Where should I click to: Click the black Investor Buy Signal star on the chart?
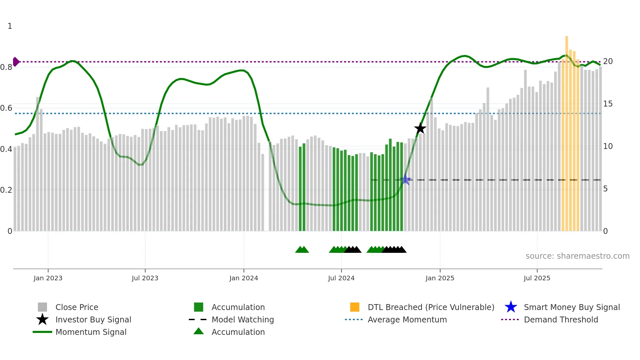pos(420,128)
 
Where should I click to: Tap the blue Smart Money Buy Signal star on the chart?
pos(405,179)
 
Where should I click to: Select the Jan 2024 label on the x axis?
pos(244,278)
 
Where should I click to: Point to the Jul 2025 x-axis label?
pos(537,278)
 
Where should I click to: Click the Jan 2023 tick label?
pos(48,278)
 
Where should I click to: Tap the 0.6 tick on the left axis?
pos(6,108)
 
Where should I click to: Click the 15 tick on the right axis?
pos(608,104)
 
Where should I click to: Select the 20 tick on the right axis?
pos(608,61)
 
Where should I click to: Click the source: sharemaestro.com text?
pos(577,256)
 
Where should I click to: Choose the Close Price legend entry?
pos(77,307)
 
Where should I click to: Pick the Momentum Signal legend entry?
pos(91,332)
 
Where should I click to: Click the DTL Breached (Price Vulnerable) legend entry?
pos(431,307)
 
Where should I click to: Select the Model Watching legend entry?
pos(243,320)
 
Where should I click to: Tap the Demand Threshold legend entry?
pos(561,320)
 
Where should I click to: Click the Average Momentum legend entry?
pos(407,320)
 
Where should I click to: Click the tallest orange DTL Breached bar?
pos(567,131)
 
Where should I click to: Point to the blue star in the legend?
pos(511,307)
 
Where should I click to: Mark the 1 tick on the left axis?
pos(10,26)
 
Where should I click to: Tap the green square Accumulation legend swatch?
pos(199,307)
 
